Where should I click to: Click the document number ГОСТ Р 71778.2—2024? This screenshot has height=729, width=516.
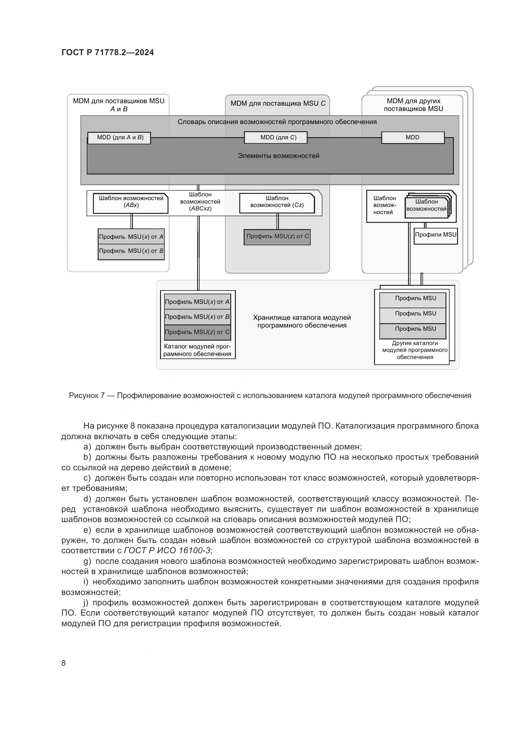(107, 53)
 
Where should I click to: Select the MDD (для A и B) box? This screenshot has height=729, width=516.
(119, 137)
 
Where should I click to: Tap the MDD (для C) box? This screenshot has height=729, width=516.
(276, 137)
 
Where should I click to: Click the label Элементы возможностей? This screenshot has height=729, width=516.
(278, 156)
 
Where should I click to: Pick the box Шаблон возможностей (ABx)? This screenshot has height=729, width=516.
(131, 204)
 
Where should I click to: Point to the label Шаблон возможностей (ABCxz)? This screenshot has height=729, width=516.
(200, 201)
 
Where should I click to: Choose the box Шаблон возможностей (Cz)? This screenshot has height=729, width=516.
(277, 204)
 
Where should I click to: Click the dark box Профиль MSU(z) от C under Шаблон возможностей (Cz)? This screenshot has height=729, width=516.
(277, 237)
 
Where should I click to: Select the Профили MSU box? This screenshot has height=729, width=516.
(435, 235)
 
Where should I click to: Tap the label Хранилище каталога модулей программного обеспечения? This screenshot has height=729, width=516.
(302, 321)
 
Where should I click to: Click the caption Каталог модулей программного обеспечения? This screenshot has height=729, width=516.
(197, 350)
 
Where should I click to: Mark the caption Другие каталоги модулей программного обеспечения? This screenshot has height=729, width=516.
(415, 350)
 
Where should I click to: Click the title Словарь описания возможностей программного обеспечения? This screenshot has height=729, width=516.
(277, 122)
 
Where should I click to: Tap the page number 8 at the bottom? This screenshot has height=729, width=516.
(64, 663)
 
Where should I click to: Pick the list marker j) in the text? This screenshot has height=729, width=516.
(86, 603)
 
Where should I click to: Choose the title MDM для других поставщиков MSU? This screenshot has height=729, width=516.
(413, 105)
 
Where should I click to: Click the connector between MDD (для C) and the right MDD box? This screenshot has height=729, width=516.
(344, 138)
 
